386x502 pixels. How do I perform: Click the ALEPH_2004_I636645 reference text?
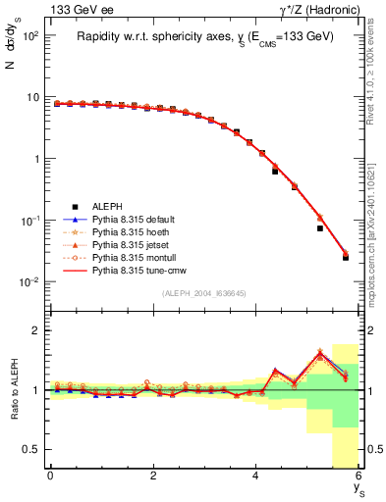click(x=204, y=292)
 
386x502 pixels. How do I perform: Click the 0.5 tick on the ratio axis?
click(x=32, y=449)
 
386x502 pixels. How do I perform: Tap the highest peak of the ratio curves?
click(x=319, y=352)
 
